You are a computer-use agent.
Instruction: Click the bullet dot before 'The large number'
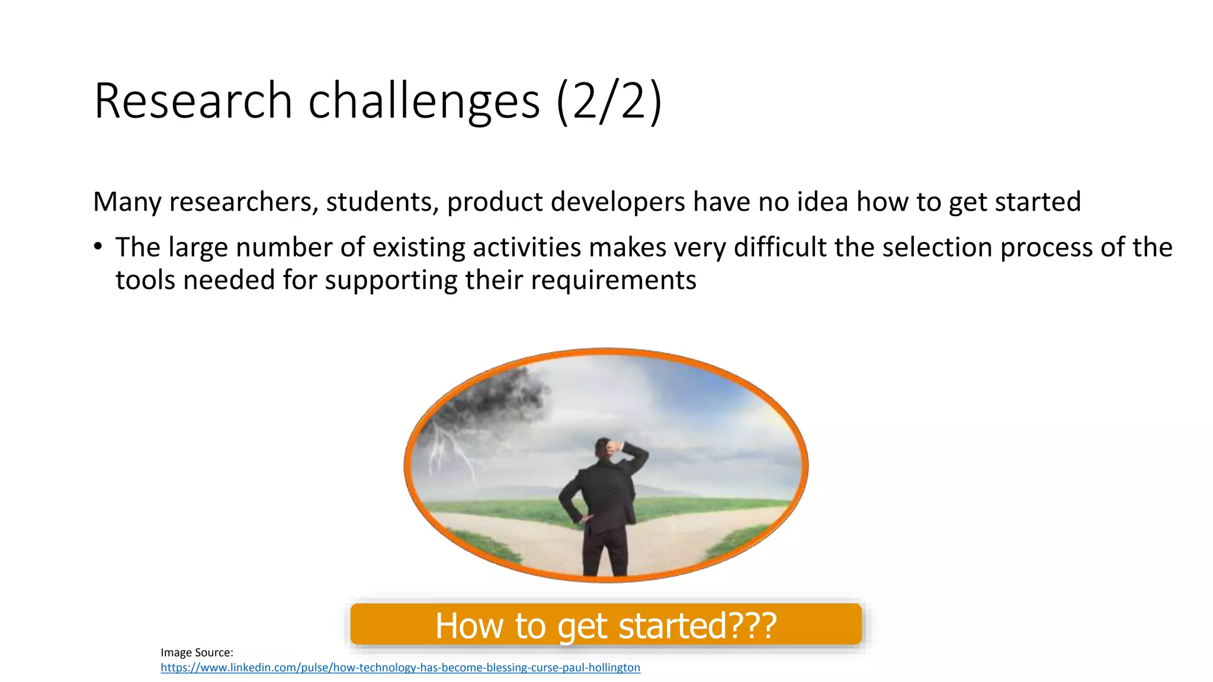[x=98, y=246]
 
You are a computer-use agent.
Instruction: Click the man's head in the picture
[x=604, y=448]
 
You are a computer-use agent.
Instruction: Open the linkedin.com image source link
[x=400, y=668]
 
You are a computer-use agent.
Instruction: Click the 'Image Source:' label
[x=197, y=652]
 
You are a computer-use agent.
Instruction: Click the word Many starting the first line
[x=127, y=202]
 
